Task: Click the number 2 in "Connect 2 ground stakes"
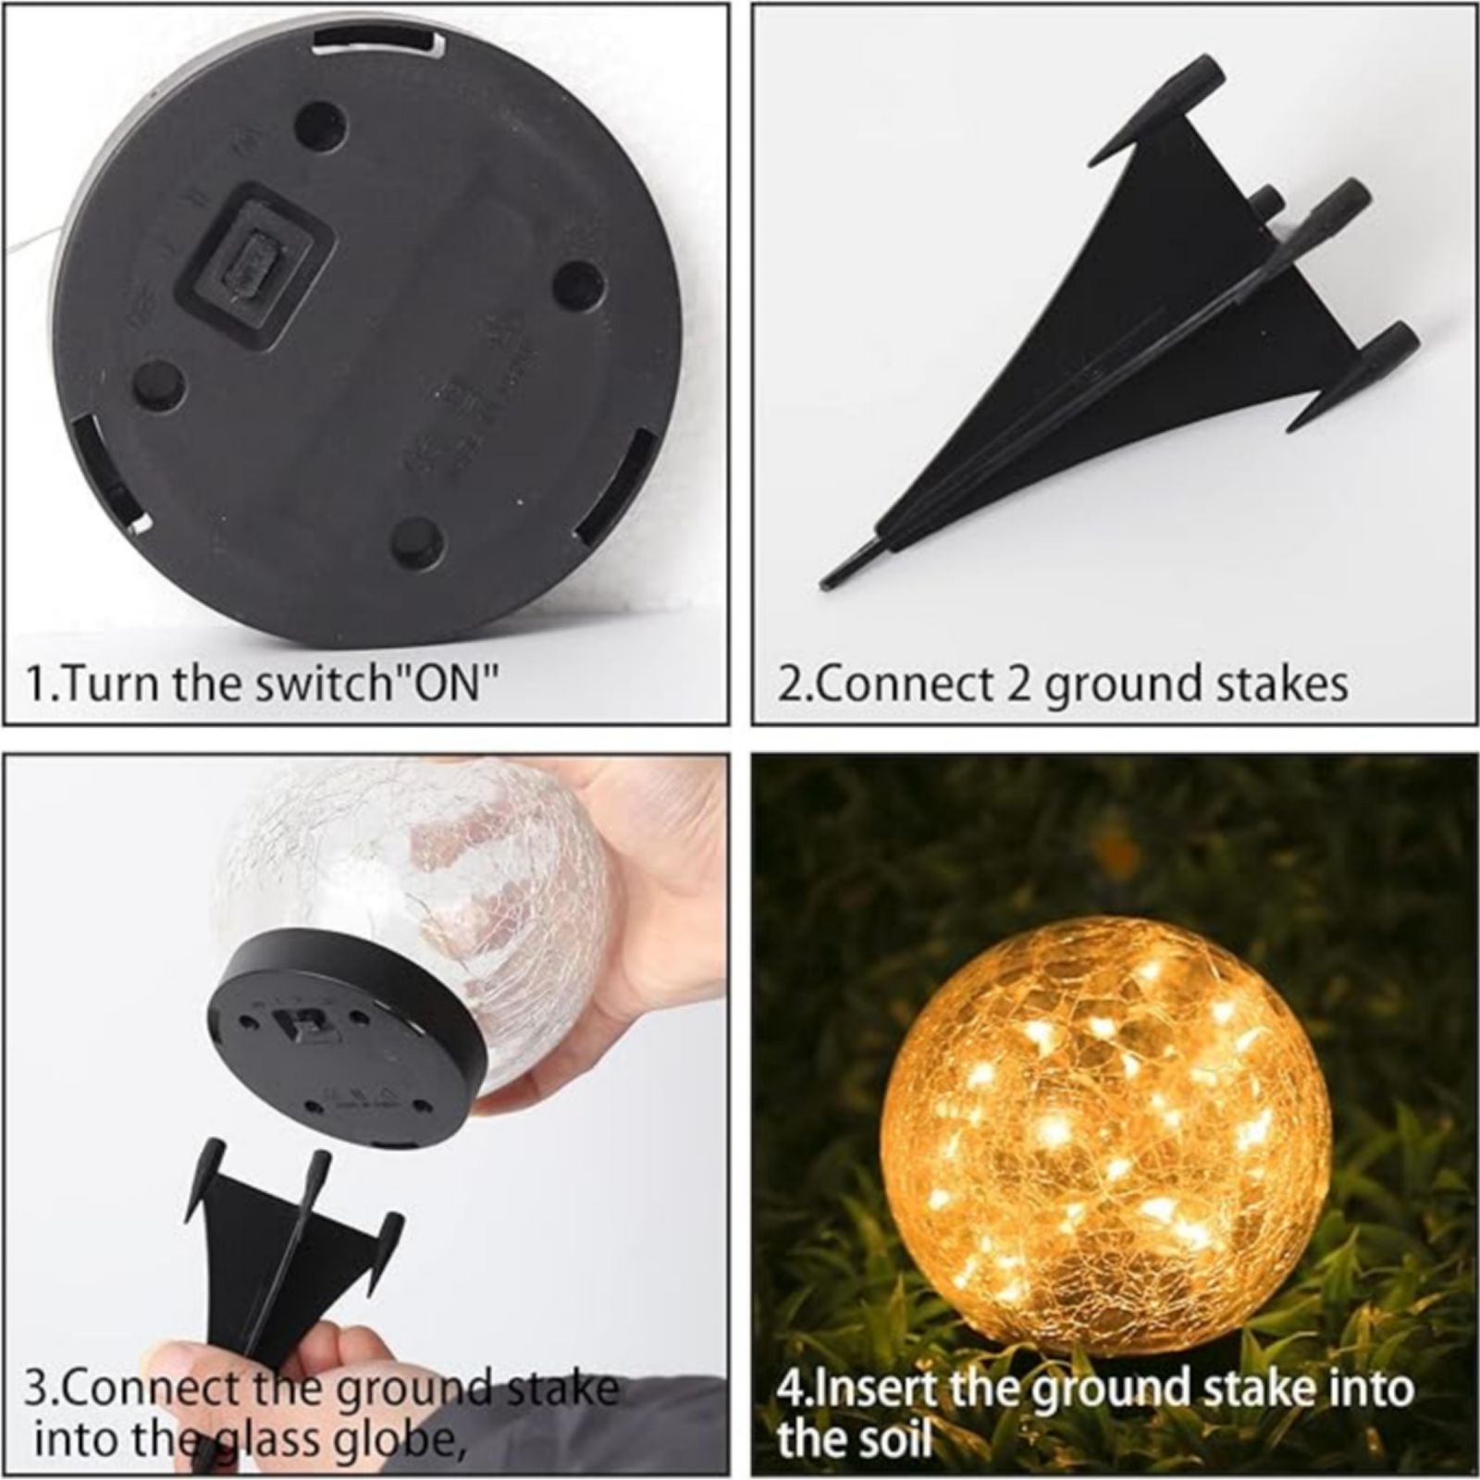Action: pos(1020,684)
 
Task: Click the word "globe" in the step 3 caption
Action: pos(412,1439)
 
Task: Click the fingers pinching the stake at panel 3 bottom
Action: pos(231,1369)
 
